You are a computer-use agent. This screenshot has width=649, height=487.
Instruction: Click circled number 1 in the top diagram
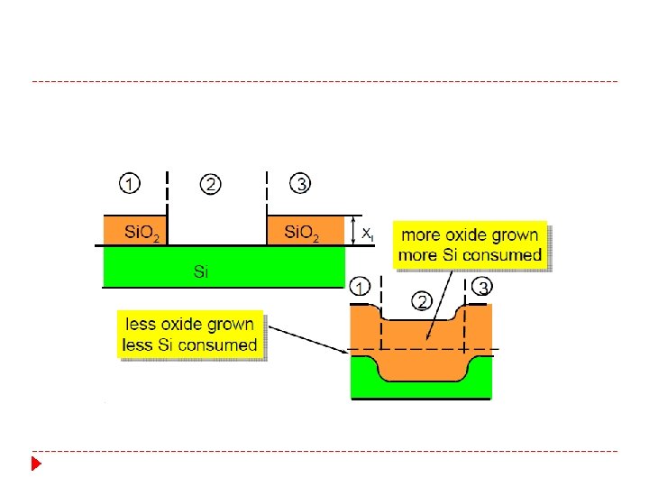click(x=130, y=183)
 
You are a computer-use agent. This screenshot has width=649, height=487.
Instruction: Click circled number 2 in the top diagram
click(x=210, y=184)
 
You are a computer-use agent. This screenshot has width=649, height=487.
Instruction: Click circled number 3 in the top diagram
click(x=300, y=183)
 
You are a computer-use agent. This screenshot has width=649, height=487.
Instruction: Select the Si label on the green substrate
click(x=200, y=271)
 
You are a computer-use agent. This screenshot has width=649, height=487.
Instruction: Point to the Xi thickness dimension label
click(x=368, y=233)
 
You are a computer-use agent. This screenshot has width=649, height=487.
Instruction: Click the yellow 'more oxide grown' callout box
click(x=471, y=244)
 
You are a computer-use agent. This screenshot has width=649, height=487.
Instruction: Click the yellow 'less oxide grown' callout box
click(x=191, y=334)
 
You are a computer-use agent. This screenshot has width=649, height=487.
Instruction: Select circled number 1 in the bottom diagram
click(x=360, y=288)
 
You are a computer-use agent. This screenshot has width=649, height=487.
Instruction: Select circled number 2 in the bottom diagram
click(x=419, y=301)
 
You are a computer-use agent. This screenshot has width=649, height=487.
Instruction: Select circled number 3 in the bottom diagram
click(x=483, y=288)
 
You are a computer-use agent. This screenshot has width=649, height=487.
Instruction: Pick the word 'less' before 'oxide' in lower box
click(x=141, y=325)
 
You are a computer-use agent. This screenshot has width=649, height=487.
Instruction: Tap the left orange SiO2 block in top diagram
click(x=135, y=230)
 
